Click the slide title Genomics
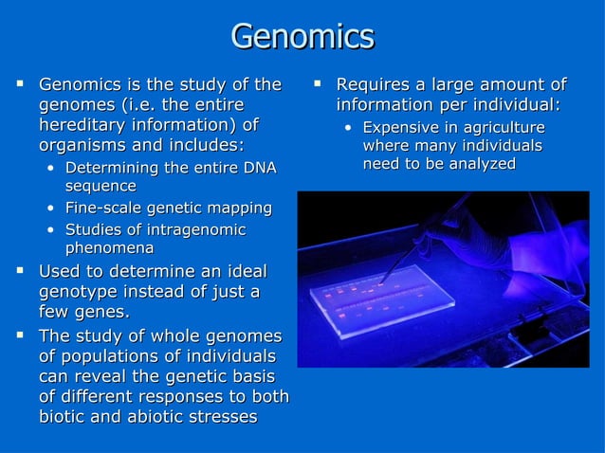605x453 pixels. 302,37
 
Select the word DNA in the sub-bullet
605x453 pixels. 259,168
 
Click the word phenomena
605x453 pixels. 109,248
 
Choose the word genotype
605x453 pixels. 79,293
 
